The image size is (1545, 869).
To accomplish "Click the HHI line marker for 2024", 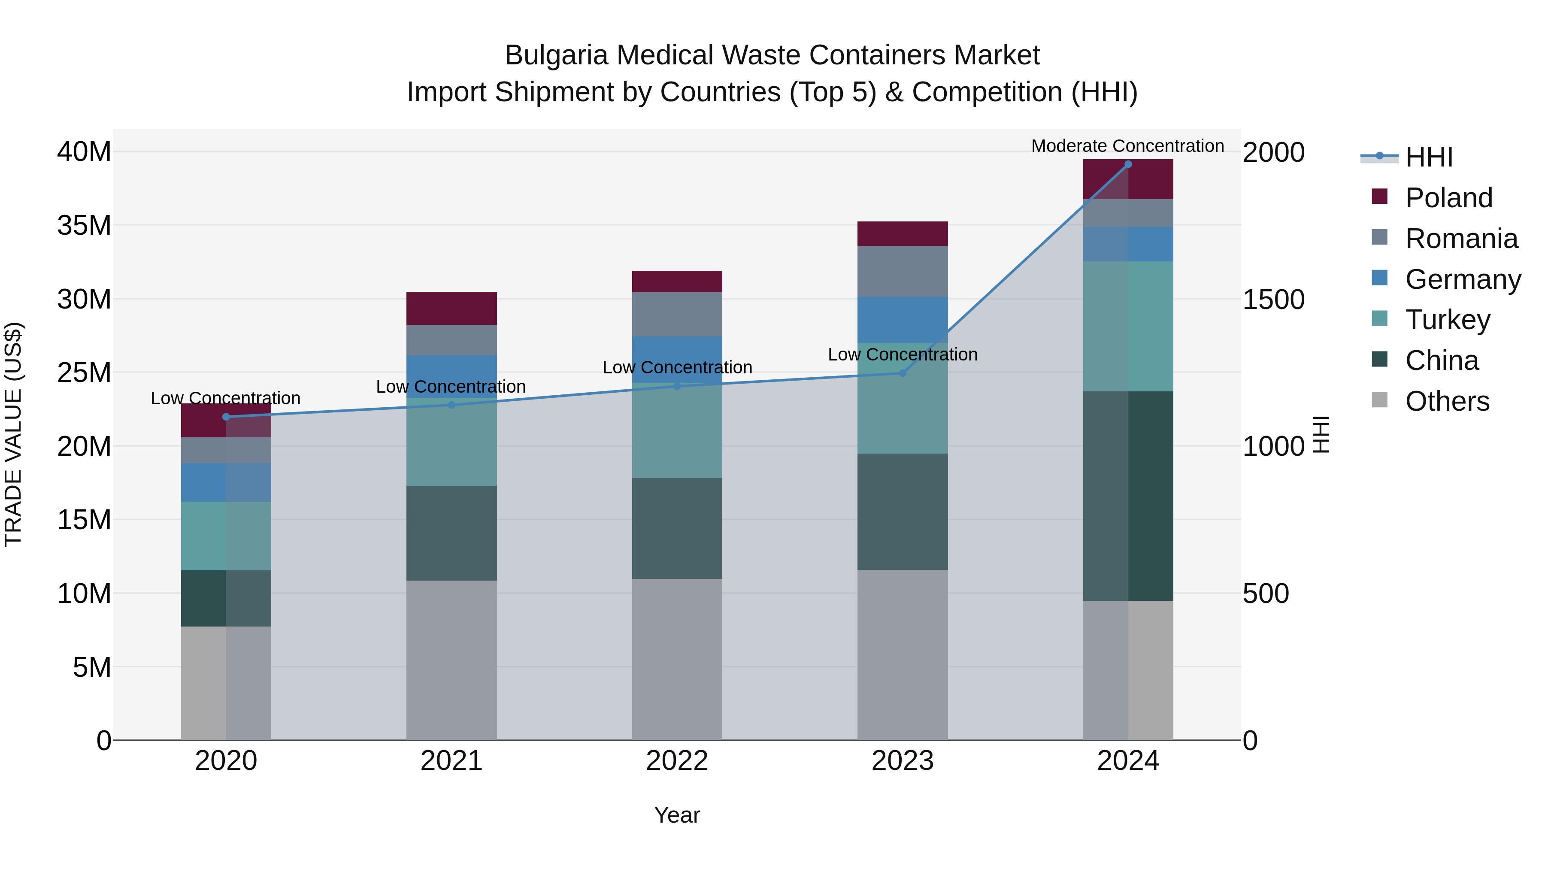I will [x=1127, y=164].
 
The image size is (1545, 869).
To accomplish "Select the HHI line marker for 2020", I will [x=226, y=417].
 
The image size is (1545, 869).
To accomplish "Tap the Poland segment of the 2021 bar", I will [x=451, y=308].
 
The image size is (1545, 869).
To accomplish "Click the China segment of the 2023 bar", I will [x=902, y=512].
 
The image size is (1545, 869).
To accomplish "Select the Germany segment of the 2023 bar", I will [x=902, y=320].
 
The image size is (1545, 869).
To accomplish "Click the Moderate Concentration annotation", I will [x=1127, y=146].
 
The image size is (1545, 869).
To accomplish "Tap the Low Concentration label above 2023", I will [x=902, y=354].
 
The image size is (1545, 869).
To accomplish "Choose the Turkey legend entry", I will [x=1447, y=320].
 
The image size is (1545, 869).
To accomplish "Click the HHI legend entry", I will [x=1429, y=157].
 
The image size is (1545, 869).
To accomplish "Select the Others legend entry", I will [x=1447, y=401].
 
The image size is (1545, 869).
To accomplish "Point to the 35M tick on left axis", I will [x=84, y=225].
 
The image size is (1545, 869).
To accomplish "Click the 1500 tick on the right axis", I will [x=1273, y=299].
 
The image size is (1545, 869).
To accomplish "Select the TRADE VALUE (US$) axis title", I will [x=13, y=434].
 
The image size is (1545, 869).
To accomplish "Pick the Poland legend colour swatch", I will [x=1379, y=197].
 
